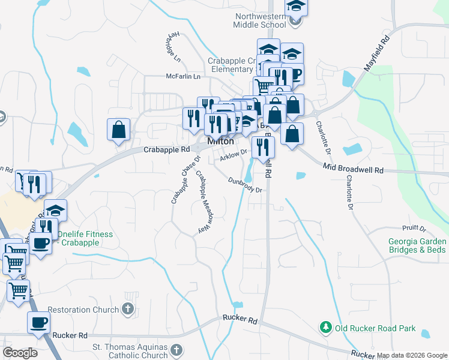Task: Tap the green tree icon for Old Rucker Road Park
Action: pos(325,328)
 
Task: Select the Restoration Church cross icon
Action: pos(127,310)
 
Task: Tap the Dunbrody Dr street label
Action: pos(246,185)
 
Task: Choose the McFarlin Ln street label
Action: pos(183,77)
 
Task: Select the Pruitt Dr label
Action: pos(414,229)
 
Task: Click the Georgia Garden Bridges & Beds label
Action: pos(417,245)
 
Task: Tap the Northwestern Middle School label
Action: pos(262,20)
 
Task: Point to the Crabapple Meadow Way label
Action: pos(205,202)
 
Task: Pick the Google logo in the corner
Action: pos(20,353)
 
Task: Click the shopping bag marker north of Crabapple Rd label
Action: pos(119,129)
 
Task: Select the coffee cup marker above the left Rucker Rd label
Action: pos(38,322)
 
